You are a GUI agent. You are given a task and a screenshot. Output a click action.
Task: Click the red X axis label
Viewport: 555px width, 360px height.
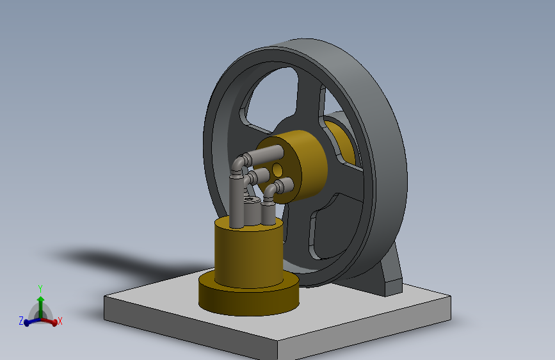click(x=60, y=321)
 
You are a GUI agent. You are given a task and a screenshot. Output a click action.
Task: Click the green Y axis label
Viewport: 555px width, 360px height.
click(x=40, y=289)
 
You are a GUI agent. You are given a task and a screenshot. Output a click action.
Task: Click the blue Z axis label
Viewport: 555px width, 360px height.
click(x=21, y=321)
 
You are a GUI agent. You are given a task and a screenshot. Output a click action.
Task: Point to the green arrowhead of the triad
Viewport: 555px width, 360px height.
click(x=41, y=299)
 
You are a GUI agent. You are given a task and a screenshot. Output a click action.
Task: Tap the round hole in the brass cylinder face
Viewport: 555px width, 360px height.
click(x=278, y=170)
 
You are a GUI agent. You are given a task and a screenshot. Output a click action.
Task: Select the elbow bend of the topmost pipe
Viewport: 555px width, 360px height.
click(x=239, y=163)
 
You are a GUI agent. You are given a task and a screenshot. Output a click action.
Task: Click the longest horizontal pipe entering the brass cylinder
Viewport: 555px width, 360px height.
click(x=265, y=154)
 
